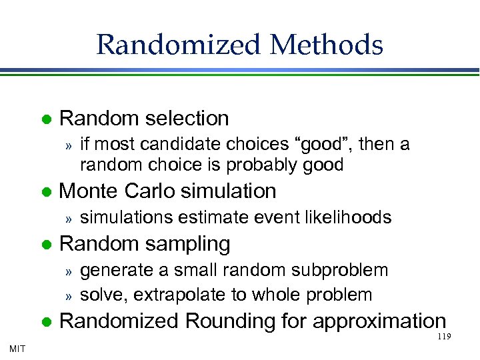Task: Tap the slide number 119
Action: tap(445, 337)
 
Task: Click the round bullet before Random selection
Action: tap(46, 119)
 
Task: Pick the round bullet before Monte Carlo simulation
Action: tap(46, 192)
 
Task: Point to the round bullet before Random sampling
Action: tap(46, 245)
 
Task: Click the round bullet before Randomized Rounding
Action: tap(46, 321)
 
